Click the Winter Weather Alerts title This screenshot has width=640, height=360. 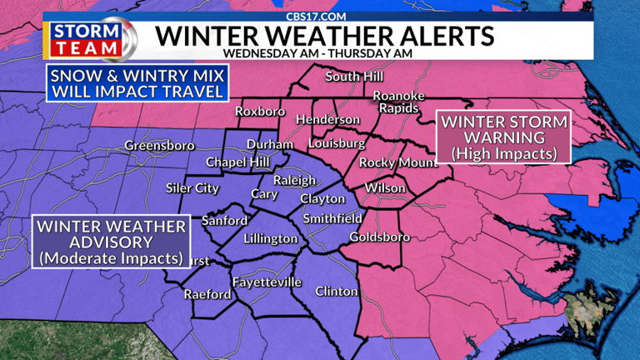(x=325, y=36)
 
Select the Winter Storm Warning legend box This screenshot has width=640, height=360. (x=503, y=137)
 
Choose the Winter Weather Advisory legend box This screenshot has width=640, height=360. (x=111, y=242)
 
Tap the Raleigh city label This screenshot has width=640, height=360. (x=295, y=181)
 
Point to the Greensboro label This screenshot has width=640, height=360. (x=159, y=146)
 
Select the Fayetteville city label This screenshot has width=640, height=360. (x=267, y=282)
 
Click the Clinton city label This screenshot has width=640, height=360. (x=337, y=292)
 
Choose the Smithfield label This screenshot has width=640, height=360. (x=332, y=218)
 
